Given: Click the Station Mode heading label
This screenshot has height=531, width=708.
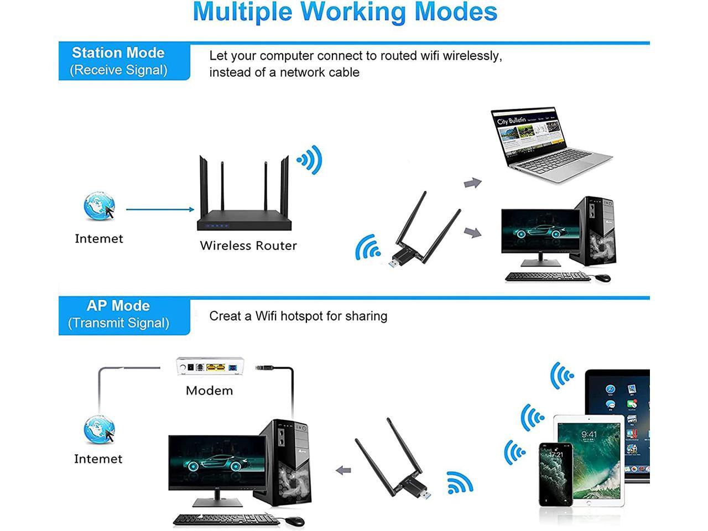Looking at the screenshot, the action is (118, 53).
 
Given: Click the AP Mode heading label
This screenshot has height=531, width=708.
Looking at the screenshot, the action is (118, 306).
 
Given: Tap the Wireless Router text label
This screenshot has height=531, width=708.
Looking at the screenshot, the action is (248, 246).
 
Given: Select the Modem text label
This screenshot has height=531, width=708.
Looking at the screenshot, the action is (209, 391).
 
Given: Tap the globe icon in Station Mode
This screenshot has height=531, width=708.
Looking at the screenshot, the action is (100, 207).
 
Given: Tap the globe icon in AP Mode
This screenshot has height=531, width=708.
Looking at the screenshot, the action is (99, 429).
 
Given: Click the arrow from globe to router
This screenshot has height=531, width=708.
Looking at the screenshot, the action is (160, 209).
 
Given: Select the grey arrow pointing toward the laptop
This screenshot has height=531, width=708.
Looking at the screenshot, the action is (472, 183).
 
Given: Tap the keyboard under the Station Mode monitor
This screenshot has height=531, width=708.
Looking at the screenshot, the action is (547, 277).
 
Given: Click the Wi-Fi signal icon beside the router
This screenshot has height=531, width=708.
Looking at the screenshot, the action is (310, 160).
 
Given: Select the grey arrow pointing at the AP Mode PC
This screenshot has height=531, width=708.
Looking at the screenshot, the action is (343, 471).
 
